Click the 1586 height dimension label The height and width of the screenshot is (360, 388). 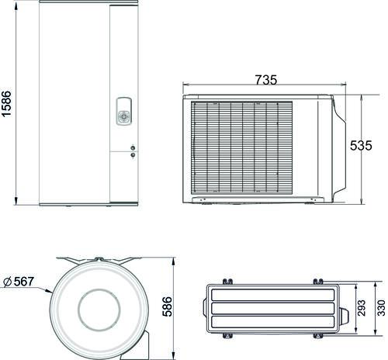coord(6,104)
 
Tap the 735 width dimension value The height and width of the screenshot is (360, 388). coord(266,80)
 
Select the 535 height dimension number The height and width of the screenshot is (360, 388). coord(361,146)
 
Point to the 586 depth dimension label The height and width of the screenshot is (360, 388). coord(168,306)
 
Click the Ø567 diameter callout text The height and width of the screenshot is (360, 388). coord(19,282)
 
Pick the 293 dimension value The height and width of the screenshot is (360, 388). coord(362,308)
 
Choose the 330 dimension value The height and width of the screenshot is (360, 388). coord(381,308)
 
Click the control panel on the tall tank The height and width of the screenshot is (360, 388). coord(124,111)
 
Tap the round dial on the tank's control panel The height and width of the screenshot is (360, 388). coord(124,116)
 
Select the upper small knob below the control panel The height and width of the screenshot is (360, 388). coord(133,148)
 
